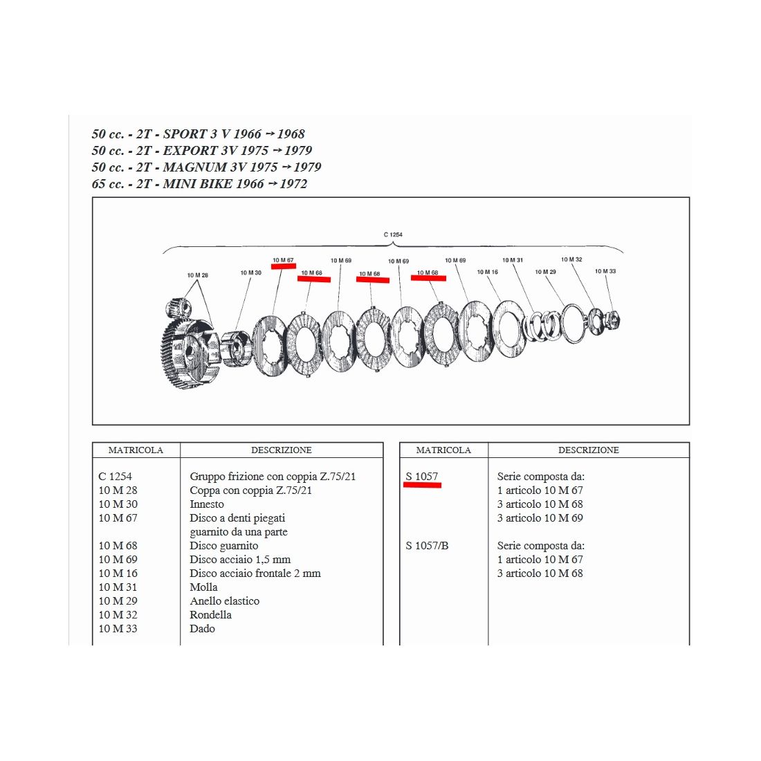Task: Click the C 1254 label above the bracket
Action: [x=393, y=235]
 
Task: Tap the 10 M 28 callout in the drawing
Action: [x=197, y=275]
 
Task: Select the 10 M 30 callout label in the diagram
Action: [x=250, y=273]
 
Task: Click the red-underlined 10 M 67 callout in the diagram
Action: [x=283, y=261]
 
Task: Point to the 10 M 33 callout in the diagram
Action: [x=605, y=271]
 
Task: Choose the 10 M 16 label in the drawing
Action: [x=487, y=272]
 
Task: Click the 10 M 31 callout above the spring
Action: [x=513, y=260]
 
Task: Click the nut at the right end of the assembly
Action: [x=612, y=320]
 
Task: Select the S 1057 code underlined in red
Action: [x=422, y=477]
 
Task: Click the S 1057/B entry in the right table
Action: [x=427, y=546]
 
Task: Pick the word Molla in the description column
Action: [x=203, y=587]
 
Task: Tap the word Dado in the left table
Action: [x=202, y=629]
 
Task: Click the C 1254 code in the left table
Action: [x=115, y=477]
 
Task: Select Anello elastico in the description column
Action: [x=224, y=601]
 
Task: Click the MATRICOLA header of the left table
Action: [x=136, y=450]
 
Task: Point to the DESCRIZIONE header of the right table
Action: [x=588, y=450]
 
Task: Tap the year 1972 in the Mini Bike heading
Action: [x=293, y=184]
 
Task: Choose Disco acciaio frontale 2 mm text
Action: [x=255, y=574]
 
